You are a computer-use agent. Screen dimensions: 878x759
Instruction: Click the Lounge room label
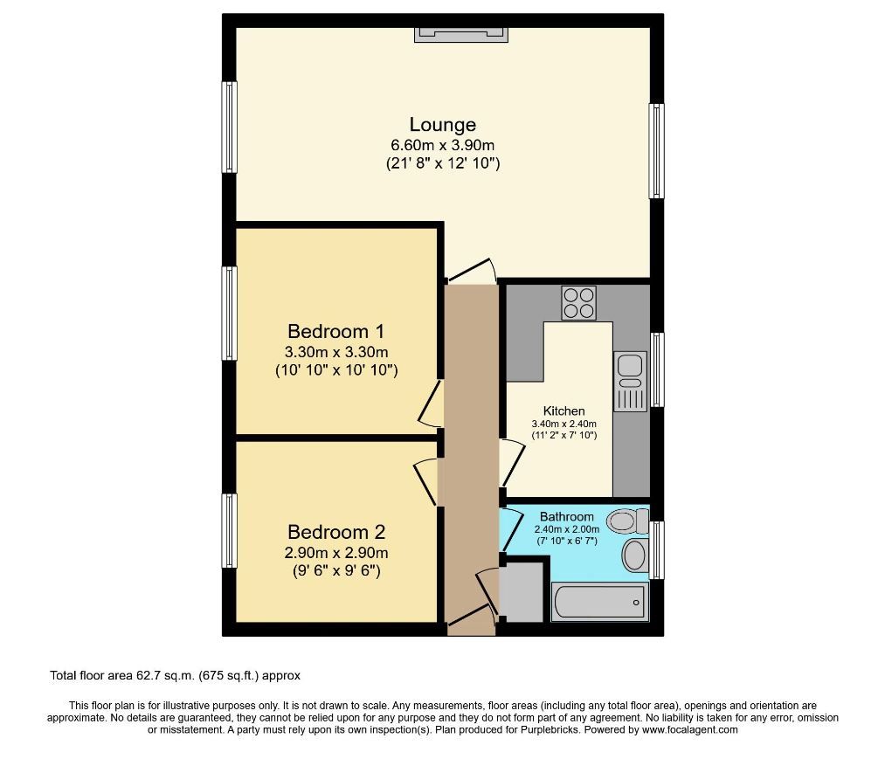coord(442,124)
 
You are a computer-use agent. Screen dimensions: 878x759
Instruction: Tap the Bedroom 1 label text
coord(336,331)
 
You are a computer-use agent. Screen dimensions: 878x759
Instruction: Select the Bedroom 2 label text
coord(336,532)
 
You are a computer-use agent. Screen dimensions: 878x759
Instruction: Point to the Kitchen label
coord(563,411)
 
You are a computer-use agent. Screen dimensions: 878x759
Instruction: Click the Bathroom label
coord(567,517)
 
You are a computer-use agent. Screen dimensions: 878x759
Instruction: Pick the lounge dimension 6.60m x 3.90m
coord(442,146)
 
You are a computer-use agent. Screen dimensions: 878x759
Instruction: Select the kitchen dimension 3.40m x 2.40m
coord(563,424)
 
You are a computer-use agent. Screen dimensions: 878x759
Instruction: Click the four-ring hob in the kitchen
coord(579,303)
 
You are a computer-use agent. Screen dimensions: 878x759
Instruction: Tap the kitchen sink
coord(631,381)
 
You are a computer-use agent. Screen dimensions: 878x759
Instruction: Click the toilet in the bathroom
coord(627,521)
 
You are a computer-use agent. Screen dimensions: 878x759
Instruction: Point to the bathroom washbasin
coord(634,555)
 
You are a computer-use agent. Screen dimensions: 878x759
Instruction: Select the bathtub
coord(600,602)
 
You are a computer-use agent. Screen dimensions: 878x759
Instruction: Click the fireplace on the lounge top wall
coord(461,34)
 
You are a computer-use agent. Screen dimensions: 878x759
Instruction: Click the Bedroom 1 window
coord(229,313)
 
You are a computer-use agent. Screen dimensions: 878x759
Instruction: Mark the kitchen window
coord(657,369)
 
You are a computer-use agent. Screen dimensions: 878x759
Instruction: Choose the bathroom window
coord(657,550)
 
